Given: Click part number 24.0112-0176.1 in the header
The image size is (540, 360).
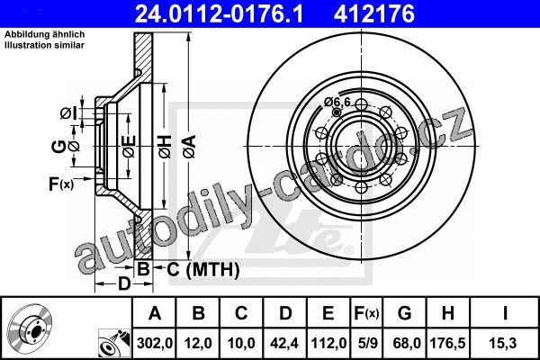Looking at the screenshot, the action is pyautogui.click(x=219, y=14).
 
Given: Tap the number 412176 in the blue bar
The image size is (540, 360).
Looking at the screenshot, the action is pyautogui.click(x=374, y=14).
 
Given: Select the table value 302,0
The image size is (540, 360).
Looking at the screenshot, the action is pyautogui.click(x=155, y=343).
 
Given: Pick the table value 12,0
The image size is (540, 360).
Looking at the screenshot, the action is pyautogui.click(x=198, y=343).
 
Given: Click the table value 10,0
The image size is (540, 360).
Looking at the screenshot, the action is pyautogui.click(x=241, y=343).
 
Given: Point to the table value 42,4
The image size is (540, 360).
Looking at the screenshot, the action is pyautogui.click(x=284, y=343).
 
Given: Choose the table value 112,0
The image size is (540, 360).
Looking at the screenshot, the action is pyautogui.click(x=328, y=343).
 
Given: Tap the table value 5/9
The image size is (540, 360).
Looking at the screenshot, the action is pyautogui.click(x=367, y=343).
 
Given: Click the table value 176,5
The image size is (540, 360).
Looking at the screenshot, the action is pyautogui.click(x=447, y=343).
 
